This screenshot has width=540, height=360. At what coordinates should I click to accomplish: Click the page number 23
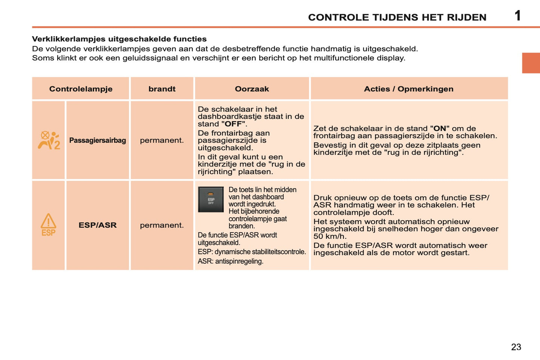(516, 347)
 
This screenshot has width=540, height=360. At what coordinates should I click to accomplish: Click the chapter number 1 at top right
(518, 16)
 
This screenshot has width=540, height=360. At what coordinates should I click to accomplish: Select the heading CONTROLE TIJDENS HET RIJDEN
(397, 17)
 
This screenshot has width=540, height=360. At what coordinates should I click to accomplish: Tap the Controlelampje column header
(81, 89)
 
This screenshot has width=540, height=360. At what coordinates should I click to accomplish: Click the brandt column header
(162, 89)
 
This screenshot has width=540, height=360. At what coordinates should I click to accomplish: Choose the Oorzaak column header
(252, 89)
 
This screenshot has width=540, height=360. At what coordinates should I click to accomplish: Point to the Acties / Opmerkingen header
(408, 89)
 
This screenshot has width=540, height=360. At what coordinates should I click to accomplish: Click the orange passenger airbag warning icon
(49, 141)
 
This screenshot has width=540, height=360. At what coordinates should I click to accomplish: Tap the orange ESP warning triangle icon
(48, 225)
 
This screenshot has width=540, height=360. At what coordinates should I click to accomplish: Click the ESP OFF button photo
(211, 199)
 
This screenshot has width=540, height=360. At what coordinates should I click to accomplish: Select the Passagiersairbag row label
(98, 141)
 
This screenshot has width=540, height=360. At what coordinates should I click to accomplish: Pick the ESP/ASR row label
(98, 225)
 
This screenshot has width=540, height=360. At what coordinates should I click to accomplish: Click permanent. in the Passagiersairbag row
(162, 141)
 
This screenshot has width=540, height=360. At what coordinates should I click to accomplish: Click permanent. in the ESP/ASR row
(162, 225)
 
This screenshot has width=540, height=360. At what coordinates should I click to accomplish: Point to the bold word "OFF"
(234, 124)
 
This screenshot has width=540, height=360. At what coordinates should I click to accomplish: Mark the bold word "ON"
(439, 129)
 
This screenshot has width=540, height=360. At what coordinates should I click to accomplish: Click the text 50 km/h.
(330, 236)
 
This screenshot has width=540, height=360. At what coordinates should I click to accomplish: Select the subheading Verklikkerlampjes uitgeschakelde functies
(119, 39)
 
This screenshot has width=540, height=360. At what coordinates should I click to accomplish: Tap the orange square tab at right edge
(531, 63)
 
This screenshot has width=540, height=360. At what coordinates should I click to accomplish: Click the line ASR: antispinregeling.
(230, 261)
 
